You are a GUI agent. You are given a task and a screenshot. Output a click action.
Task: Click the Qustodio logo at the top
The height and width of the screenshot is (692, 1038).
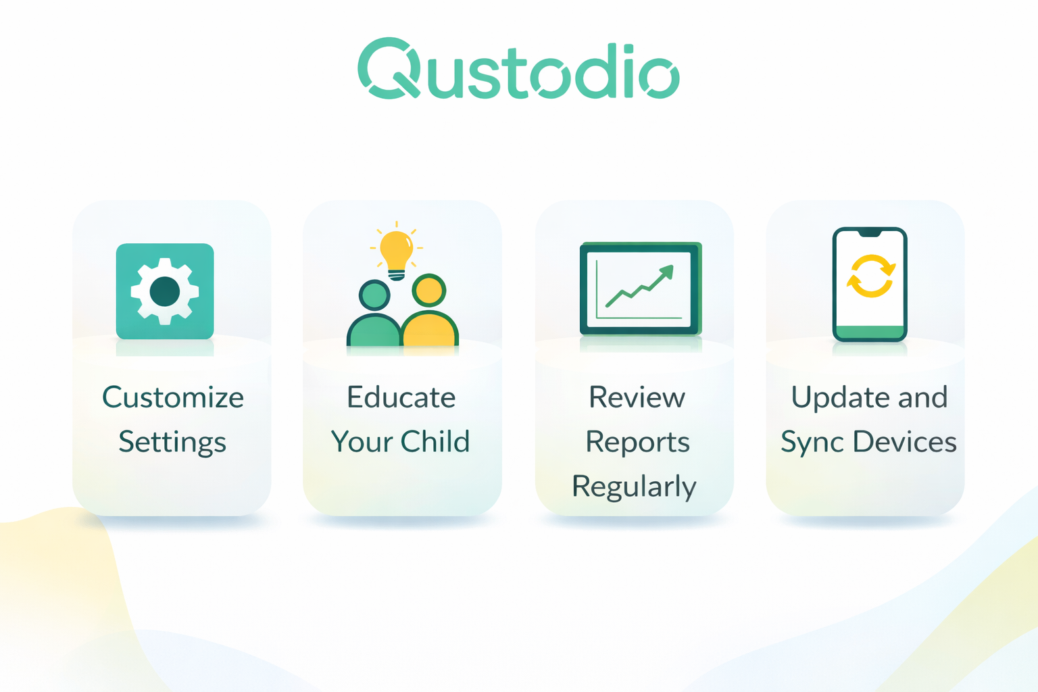tap(518, 68)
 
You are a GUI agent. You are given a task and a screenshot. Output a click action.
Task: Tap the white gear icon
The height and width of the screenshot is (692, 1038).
tap(164, 291)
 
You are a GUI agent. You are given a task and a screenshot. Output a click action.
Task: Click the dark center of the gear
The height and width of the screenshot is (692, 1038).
tap(164, 291)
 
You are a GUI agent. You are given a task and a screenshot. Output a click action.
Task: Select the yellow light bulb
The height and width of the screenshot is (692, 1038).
tap(396, 255)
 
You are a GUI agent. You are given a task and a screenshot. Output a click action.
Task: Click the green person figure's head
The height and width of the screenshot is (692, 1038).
tap(374, 295)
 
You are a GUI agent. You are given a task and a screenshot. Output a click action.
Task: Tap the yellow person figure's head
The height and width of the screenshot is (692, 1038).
tap(429, 290)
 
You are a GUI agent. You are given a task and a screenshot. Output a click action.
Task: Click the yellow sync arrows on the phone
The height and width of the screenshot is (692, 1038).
tap(870, 276)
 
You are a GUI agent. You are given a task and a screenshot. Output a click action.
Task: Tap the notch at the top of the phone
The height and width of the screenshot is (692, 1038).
tap(870, 232)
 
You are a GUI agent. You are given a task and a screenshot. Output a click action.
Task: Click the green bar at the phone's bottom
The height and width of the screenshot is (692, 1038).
tap(870, 332)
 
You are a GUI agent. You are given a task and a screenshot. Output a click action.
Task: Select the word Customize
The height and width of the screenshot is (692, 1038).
tap(173, 397)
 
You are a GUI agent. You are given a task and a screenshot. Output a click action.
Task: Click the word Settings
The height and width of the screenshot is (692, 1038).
tap(172, 442)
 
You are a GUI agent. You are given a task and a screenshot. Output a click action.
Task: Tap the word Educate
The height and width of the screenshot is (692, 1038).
tap(401, 397)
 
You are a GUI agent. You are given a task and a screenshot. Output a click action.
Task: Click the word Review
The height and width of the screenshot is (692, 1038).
tap(637, 397)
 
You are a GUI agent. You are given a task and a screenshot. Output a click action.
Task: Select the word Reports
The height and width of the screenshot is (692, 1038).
tap(638, 442)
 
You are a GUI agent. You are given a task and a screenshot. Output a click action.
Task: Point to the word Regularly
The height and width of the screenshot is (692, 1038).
tap(635, 487)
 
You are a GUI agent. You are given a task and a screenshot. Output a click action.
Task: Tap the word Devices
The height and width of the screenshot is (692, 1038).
tap(905, 441)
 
